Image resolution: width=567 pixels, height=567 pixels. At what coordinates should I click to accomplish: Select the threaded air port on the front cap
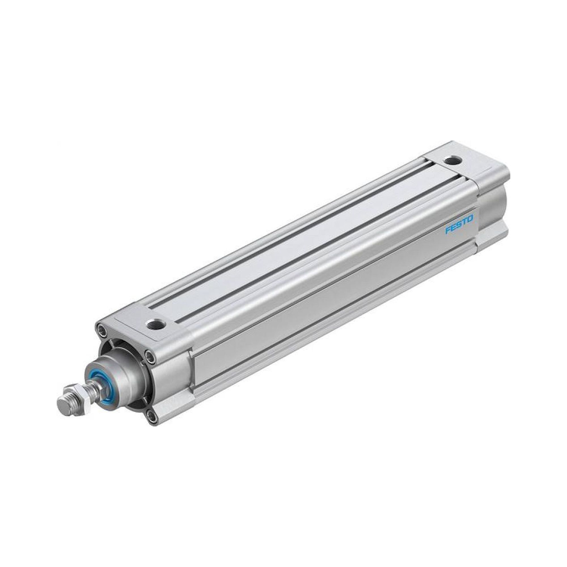point(155,324)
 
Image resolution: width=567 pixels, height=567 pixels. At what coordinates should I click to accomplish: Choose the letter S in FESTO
point(459,225)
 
